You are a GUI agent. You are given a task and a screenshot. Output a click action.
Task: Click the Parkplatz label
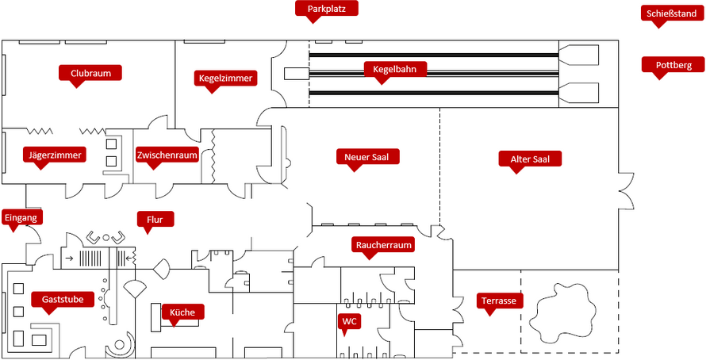pos(327,9)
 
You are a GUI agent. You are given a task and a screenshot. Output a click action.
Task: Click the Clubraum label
pos(90,73)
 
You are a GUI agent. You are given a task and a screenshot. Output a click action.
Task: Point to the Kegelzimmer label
pos(226,78)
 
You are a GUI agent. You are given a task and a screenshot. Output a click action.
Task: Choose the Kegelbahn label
pos(395,69)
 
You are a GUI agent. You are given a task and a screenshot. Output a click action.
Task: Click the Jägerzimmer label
pos(54,155)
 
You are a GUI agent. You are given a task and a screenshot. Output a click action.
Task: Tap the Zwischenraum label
pos(167,155)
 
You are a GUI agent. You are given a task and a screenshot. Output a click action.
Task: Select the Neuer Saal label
pos(367,156)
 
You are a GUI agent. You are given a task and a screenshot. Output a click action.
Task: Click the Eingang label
pos(20,217)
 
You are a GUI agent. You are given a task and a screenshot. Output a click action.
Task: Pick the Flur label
pos(155,219)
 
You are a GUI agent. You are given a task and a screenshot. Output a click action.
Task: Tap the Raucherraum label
pos(384,245)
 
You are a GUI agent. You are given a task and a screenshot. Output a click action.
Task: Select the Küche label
pos(182,312)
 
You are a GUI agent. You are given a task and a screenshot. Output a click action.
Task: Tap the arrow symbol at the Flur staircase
pos(70,258)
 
